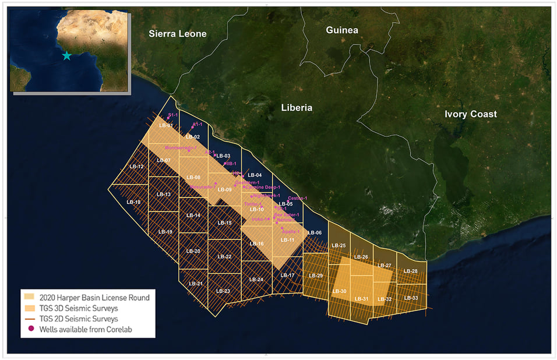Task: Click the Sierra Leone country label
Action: tap(178, 34)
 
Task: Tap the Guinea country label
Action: tap(342, 30)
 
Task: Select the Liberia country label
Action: tap(297, 108)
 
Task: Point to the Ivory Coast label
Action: tap(470, 114)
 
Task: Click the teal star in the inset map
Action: tap(66, 56)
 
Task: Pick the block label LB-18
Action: tap(133, 202)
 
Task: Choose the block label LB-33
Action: tap(411, 298)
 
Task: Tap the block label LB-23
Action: tap(223, 291)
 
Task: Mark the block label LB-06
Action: tap(315, 232)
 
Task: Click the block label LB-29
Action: tap(316, 275)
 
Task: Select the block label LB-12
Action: tap(137, 167)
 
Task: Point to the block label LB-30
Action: tap(339, 291)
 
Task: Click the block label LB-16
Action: tap(257, 243)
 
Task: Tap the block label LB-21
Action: tap(196, 283)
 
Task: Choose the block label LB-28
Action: tap(411, 271)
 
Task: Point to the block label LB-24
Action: tap(256, 280)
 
